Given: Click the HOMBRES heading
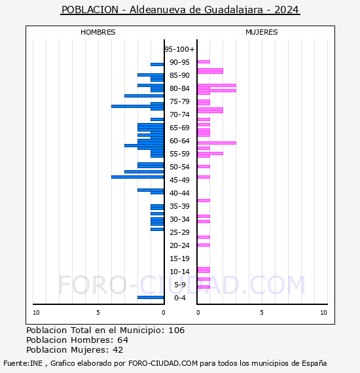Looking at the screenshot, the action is tap(98, 32).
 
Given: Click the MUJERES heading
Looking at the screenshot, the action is tap(262, 32).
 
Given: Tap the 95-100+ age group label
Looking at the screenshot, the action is tap(179, 49).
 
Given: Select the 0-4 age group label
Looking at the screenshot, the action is tap(179, 298).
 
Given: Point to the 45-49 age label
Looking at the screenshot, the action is tap(179, 180).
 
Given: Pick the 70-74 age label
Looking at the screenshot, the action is tap(179, 115).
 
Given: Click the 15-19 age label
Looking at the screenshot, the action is tap(179, 258).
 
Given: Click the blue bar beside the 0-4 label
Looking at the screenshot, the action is tap(151, 297).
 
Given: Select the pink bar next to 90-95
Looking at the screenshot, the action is tap(204, 62).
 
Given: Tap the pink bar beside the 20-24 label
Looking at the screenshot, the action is tap(204, 245).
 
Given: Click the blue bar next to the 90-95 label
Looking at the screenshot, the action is tap(157, 65).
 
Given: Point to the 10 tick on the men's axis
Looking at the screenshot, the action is tap(36, 313).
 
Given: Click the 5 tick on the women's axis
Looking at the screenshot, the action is tap(262, 313).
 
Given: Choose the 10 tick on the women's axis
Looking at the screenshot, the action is tap(323, 313).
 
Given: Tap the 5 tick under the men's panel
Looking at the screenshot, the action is tap(98, 313).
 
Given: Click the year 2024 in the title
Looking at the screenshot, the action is tap(287, 10).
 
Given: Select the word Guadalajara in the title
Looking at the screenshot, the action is tap(234, 10).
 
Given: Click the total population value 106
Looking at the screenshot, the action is tap(176, 330).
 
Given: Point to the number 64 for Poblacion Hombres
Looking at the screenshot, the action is tap(123, 340).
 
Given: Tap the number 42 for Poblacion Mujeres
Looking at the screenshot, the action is tap(118, 350).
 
